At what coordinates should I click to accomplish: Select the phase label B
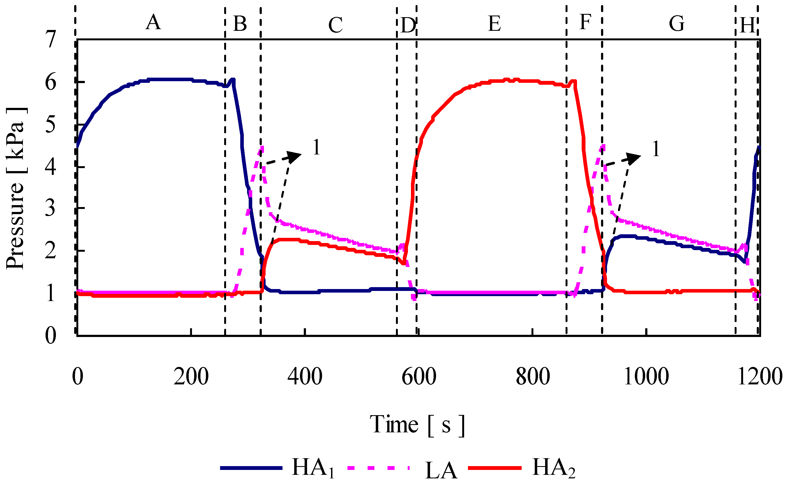point(240,24)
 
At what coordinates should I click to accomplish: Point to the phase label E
point(494,24)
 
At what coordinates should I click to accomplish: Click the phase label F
point(585,23)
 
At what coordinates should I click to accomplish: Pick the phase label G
point(676,24)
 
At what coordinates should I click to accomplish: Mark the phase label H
point(747,25)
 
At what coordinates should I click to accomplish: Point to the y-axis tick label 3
point(50,209)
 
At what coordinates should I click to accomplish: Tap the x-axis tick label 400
point(305,377)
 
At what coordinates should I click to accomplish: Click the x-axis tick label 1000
point(646,377)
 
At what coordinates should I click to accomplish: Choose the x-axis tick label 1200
point(760,377)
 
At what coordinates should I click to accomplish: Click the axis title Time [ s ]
point(417,425)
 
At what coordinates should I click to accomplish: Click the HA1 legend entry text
point(313,468)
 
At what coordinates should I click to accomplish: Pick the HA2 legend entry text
point(553,468)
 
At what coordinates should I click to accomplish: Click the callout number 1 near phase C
point(317,148)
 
